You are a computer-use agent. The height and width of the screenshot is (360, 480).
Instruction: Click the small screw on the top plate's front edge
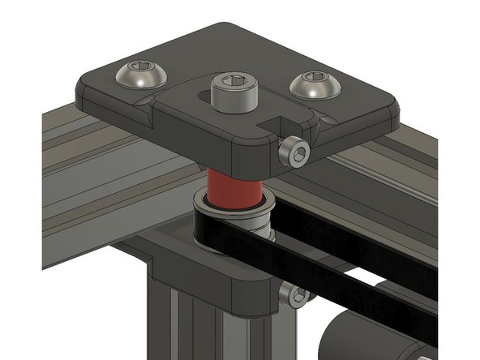[x=294, y=152]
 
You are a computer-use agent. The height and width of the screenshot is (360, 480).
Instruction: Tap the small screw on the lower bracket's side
[x=294, y=296]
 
